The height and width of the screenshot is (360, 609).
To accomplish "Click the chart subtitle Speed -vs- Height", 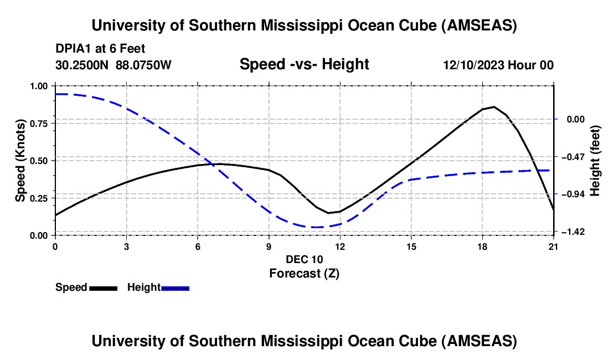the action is [304, 64].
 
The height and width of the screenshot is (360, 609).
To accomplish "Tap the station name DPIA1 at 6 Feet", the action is [100, 49].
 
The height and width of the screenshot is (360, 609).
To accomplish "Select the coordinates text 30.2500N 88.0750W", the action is [113, 65].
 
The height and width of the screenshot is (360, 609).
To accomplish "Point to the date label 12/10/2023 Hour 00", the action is [498, 65].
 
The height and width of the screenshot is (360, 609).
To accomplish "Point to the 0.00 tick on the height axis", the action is [576, 119].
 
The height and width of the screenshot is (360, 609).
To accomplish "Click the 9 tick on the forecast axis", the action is [269, 246].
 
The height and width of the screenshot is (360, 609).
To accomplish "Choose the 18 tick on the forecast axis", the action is [482, 246].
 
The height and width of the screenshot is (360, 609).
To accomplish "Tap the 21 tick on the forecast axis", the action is [554, 246].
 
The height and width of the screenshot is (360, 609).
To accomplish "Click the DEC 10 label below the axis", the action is [304, 259].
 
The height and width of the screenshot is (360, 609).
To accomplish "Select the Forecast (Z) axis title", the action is [304, 274].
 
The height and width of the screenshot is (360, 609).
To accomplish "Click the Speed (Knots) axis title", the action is [20, 161].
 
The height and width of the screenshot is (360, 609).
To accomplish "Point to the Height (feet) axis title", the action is [595, 161].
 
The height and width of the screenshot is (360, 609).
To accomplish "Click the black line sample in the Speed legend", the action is [104, 289].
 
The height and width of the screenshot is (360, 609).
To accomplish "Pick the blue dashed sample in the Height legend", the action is [175, 289].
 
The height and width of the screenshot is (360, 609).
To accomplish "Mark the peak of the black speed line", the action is [494, 107].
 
